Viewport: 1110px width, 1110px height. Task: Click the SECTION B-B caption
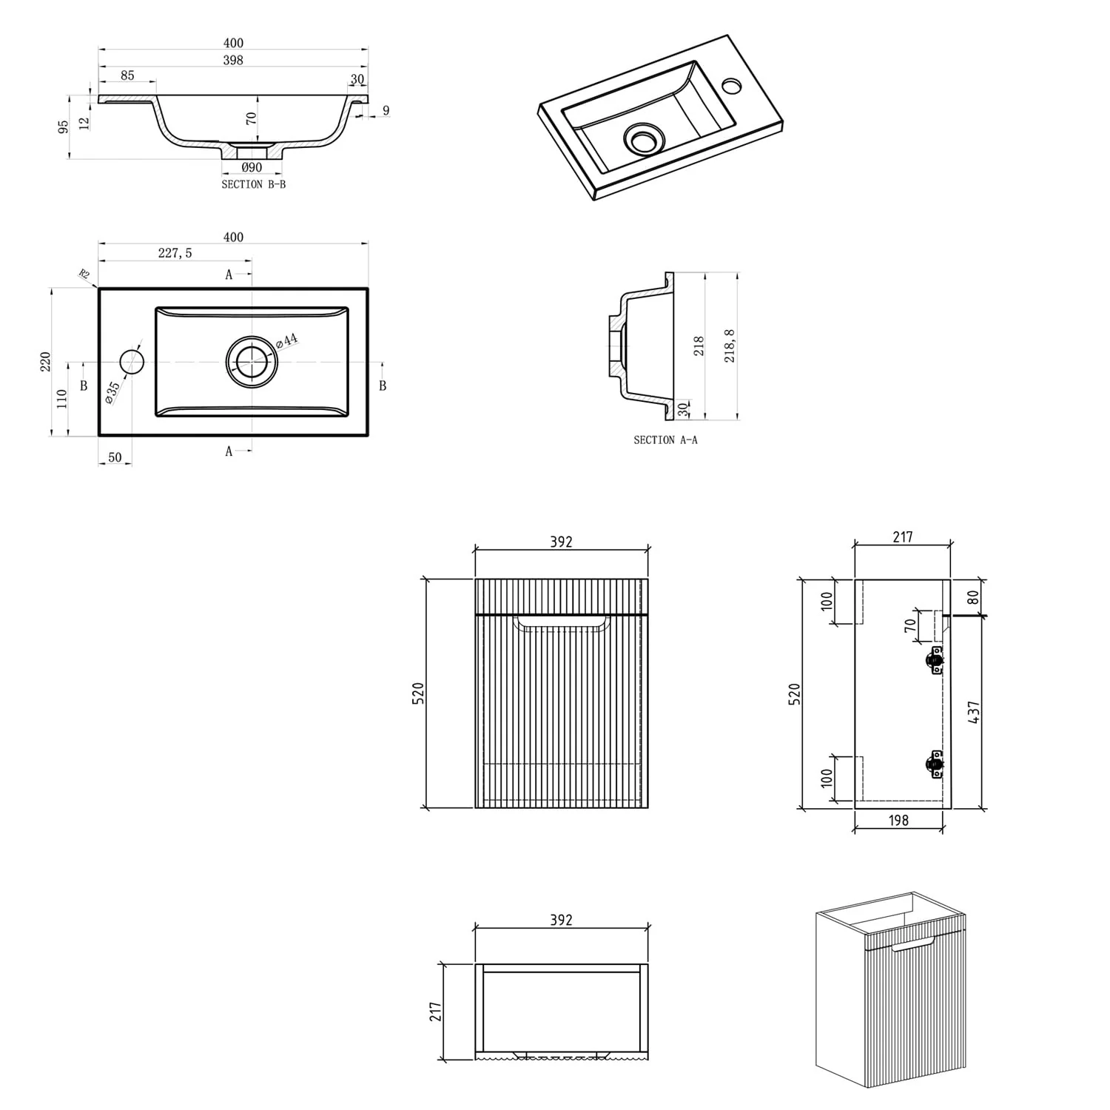pyautogui.click(x=253, y=184)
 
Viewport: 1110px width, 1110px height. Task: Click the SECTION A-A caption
pyautogui.click(x=665, y=440)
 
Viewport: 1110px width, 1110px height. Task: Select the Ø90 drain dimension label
pyautogui.click(x=252, y=168)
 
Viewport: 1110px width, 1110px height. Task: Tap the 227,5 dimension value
pyautogui.click(x=175, y=253)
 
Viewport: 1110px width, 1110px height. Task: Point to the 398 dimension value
pyautogui.click(x=233, y=60)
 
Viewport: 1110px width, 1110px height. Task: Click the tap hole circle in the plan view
pyautogui.click(x=132, y=363)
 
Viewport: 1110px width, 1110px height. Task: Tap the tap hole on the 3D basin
pyautogui.click(x=732, y=86)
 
